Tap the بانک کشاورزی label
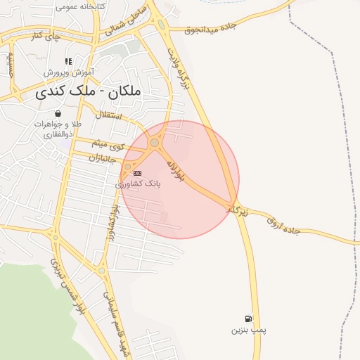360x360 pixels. [x=138, y=183]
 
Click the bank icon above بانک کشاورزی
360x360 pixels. [x=138, y=173]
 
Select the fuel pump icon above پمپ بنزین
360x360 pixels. [x=248, y=319]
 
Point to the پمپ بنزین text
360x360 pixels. [x=249, y=330]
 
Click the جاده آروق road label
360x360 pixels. [x=283, y=225]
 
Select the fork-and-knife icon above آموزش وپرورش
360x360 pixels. [x=68, y=62]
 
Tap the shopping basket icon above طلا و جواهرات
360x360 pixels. [x=56, y=113]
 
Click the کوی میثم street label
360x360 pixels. [x=109, y=146]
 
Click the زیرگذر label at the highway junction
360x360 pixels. [x=237, y=210]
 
